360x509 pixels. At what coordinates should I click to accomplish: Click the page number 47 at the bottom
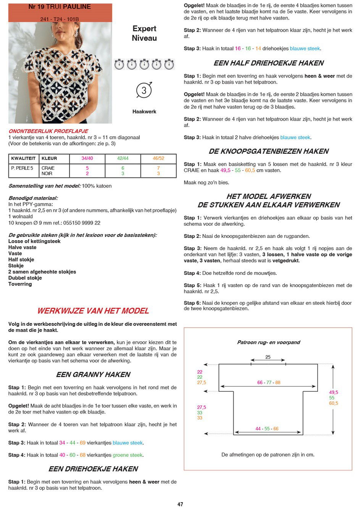tap(180, 504)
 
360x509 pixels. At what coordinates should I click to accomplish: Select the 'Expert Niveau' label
tap(144, 33)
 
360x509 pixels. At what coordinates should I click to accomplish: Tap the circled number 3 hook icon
tap(144, 90)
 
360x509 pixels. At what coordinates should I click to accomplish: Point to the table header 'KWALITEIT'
tap(23, 158)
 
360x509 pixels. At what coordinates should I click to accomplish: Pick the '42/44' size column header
tap(123, 158)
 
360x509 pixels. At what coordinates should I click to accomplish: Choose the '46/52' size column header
tap(158, 158)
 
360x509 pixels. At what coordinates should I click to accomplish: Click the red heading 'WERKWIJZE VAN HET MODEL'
tap(93, 311)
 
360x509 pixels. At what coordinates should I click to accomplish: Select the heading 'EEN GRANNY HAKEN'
tap(93, 375)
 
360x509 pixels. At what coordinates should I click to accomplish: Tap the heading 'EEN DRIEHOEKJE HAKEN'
tap(93, 469)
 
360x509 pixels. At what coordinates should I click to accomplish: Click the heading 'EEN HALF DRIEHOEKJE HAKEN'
tap(268, 63)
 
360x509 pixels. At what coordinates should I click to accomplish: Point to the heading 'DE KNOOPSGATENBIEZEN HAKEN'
tap(268, 152)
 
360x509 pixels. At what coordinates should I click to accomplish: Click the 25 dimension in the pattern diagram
tap(268, 357)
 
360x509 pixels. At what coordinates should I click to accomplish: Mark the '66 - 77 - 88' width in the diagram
tap(268, 383)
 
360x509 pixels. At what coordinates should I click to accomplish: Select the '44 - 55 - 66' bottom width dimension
tap(267, 429)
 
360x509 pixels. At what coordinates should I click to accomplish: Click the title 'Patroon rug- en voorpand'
tap(268, 343)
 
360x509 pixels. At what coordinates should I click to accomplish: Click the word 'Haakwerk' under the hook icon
tap(144, 112)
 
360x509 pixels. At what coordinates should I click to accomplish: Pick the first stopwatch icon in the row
tap(119, 64)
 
